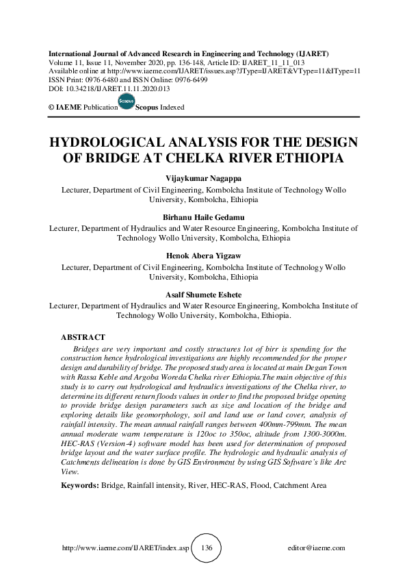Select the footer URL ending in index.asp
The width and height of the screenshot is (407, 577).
coord(125,548)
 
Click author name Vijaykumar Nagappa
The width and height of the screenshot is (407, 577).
coord(203,181)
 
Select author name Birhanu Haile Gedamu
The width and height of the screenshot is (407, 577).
coord(203,217)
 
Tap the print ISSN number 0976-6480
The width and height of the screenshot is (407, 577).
coord(105,79)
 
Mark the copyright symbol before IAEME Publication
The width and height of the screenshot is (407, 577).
coord(51,108)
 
